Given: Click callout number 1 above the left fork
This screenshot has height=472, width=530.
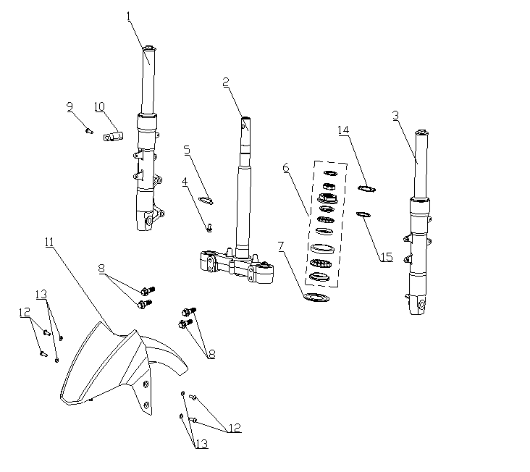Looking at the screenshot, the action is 128,16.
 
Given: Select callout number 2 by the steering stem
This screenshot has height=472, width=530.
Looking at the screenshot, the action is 226,82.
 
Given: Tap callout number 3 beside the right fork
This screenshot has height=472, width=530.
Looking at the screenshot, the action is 396,116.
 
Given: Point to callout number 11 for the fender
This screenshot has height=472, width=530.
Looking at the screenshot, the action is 49,242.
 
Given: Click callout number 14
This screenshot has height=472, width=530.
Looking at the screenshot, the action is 343,130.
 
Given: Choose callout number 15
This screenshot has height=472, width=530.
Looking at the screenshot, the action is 387,257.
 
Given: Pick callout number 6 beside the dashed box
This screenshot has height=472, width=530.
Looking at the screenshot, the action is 286,167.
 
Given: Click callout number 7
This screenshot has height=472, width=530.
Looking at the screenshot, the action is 281,246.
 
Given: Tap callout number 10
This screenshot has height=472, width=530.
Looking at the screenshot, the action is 100,106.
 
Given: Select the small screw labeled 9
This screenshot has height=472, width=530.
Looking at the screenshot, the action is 89,131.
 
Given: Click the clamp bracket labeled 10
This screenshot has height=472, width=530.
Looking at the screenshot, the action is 113,137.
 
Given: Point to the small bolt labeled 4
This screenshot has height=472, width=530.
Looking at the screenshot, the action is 209,228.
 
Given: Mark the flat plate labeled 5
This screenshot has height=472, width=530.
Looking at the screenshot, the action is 206,201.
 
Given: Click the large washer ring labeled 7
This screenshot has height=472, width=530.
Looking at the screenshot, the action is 316,298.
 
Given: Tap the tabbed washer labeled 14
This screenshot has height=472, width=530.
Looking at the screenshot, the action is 367,188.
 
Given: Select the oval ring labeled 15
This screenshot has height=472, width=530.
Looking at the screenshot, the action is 363,214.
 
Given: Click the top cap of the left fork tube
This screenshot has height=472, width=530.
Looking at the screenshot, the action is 148,49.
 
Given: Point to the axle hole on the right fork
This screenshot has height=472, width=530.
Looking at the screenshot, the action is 422,305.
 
